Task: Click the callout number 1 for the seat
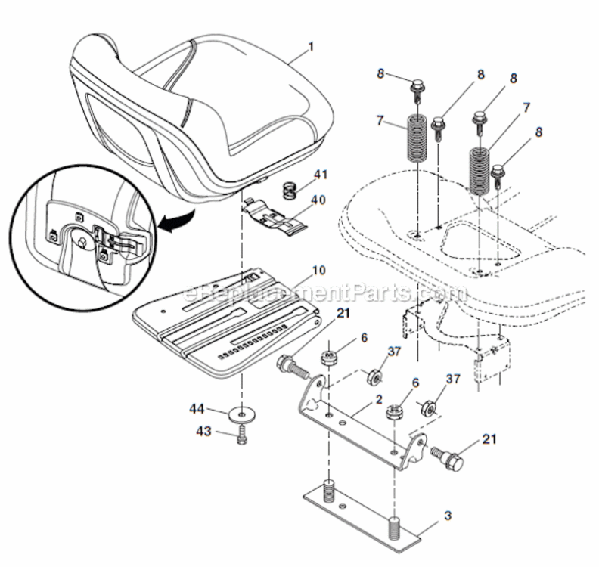(x=310, y=46)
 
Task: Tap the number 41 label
(x=321, y=175)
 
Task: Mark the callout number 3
(x=448, y=516)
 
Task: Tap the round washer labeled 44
(x=241, y=414)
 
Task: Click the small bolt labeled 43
(x=241, y=436)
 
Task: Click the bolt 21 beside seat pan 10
(x=292, y=368)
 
